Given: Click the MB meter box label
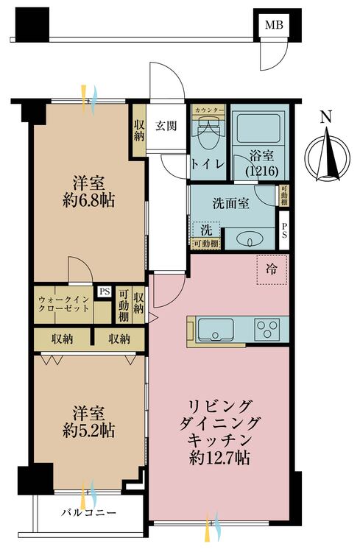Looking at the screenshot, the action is click(274, 24).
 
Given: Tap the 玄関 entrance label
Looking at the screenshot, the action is click(166, 126).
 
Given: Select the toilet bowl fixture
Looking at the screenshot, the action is click(208, 132).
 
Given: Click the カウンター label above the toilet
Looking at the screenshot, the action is click(208, 110).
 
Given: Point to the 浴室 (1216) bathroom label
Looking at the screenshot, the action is click(262, 163).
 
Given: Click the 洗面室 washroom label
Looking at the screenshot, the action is click(230, 203).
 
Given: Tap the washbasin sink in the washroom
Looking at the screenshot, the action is click(250, 241).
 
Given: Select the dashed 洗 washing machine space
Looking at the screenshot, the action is click(206, 230).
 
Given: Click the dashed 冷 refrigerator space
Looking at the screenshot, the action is click(272, 269).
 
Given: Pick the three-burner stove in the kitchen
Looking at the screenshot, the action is click(267, 329).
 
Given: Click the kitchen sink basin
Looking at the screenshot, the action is click(215, 330).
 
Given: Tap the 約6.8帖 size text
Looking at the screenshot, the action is click(88, 201).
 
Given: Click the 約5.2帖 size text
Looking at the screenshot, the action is click(88, 431).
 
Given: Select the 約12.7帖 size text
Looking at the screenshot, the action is click(220, 458).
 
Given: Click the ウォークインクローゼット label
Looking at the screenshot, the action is click(64, 304).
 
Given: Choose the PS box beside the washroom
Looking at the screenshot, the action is click(284, 230).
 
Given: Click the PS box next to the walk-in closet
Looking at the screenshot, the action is click(105, 292).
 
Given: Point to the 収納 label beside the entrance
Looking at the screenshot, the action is click(139, 130).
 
